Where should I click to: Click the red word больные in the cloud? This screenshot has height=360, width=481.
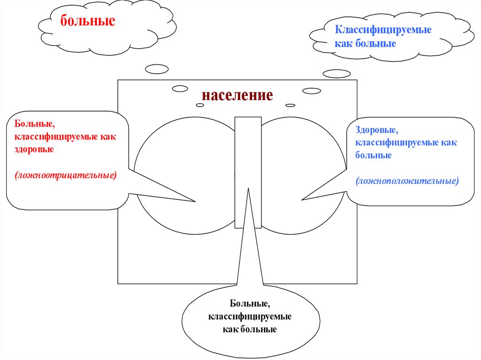[x=87, y=22]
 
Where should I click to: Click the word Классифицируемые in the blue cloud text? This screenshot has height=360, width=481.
[x=383, y=30]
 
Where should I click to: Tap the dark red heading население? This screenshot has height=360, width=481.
[x=237, y=95]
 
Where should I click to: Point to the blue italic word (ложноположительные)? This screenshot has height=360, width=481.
[x=407, y=180]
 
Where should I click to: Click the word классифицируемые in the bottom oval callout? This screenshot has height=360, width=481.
[x=250, y=317]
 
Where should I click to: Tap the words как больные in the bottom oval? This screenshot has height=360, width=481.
[x=250, y=329]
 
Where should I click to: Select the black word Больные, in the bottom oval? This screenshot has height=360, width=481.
[x=249, y=305]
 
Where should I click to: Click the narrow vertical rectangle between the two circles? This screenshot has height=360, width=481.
[x=248, y=155]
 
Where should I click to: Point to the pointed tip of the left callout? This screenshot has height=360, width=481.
[x=194, y=202]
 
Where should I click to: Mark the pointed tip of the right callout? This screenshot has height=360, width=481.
[x=303, y=200]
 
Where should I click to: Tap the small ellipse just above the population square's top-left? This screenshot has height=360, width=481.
[x=156, y=69]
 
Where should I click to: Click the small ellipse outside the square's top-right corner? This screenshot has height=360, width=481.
[x=336, y=74]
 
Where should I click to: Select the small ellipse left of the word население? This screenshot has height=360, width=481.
[x=180, y=89]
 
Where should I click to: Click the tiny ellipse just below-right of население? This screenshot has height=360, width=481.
[x=290, y=105]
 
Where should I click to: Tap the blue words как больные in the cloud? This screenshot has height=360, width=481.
[x=365, y=43]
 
